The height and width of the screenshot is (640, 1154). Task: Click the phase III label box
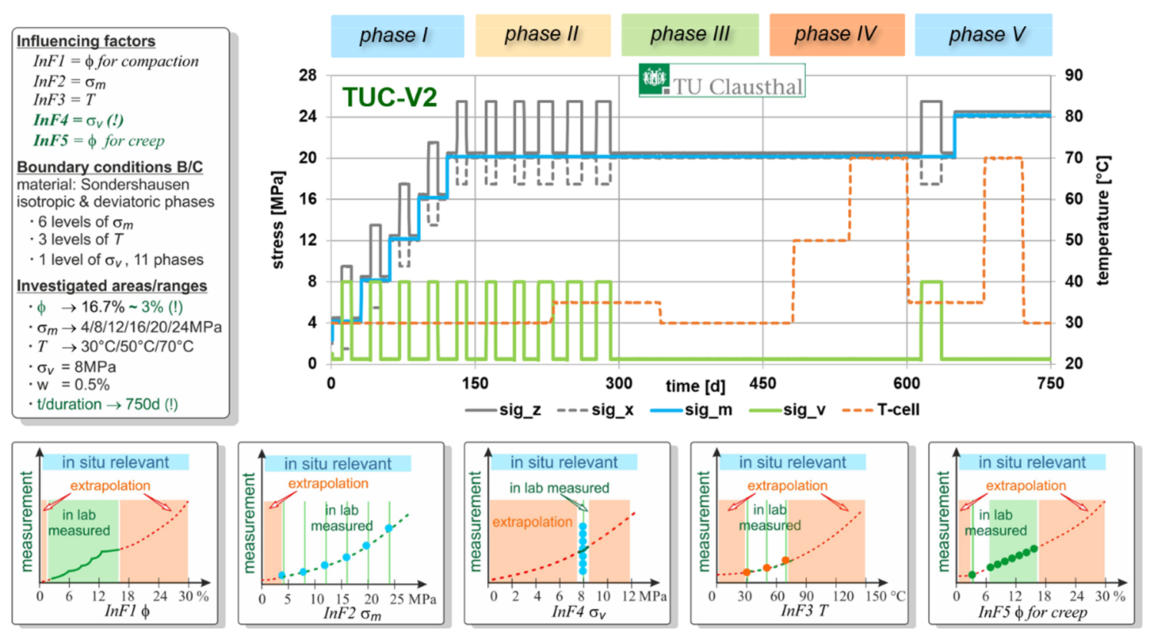point(690,35)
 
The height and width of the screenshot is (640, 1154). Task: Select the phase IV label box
point(837,35)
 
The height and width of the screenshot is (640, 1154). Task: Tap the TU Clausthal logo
point(721,81)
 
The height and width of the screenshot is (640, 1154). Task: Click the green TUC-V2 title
point(390,97)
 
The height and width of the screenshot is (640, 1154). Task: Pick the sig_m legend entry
point(691,410)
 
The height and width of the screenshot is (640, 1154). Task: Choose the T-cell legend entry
point(880,410)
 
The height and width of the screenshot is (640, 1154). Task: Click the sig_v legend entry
point(787,410)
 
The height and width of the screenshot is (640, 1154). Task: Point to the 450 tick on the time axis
point(762,383)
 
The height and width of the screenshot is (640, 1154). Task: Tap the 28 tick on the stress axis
point(308,76)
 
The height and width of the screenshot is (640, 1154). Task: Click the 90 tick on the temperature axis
point(1074,75)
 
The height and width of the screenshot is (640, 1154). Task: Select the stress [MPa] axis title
point(278,221)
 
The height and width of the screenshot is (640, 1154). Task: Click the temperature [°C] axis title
point(1103,221)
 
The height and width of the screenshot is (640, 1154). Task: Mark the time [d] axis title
point(695,386)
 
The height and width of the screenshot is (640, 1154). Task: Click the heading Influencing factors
point(86,41)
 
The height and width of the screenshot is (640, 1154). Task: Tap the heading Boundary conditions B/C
point(110,167)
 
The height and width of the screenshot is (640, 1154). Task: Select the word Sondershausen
point(135,184)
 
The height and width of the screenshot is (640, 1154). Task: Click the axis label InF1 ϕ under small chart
point(128,612)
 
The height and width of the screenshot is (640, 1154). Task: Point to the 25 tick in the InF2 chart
point(397,599)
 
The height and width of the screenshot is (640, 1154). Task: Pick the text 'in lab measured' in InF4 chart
point(559,488)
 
